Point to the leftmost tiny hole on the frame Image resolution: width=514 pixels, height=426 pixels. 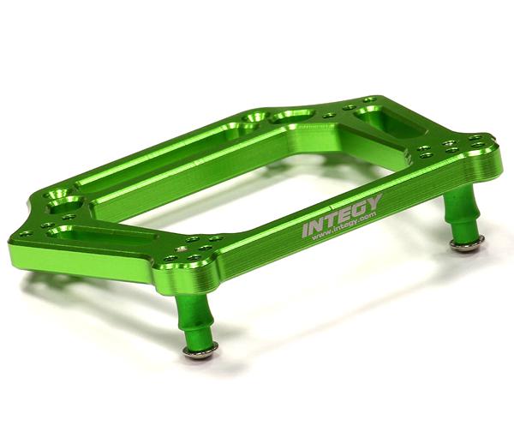pos(23,233)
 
